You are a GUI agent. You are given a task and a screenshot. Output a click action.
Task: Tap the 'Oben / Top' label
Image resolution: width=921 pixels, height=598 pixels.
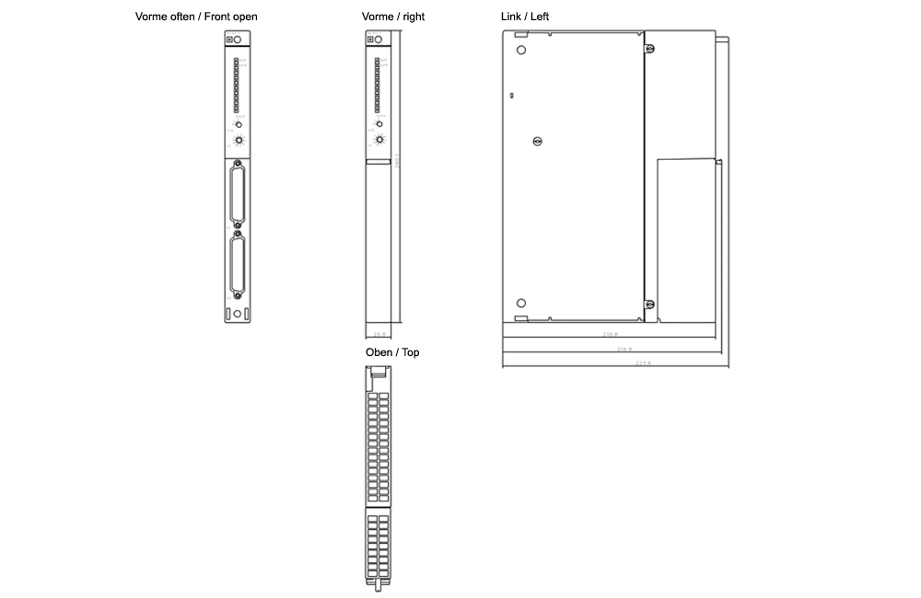pos(392,352)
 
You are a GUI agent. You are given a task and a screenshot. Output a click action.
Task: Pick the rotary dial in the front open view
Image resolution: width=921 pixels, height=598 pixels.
pos(239,140)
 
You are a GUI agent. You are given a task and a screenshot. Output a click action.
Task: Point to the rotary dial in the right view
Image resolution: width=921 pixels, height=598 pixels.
pos(379,140)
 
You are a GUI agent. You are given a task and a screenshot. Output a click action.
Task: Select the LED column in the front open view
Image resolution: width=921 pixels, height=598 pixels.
pos(236,84)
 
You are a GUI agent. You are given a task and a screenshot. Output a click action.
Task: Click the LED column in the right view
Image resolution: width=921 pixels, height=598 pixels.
pos(377,84)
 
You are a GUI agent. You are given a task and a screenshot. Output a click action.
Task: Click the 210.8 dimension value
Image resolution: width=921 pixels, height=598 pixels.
pos(610,336)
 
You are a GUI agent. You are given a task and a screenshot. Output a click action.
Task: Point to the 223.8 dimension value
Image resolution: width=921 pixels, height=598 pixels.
pos(643,364)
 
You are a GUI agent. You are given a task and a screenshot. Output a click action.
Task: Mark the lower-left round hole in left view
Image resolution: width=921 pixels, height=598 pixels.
pos(521,304)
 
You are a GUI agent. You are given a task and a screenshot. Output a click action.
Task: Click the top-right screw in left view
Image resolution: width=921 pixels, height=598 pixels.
pos(649,49)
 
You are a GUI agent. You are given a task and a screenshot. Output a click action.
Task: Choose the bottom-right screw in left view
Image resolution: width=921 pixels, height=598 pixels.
pos(649,305)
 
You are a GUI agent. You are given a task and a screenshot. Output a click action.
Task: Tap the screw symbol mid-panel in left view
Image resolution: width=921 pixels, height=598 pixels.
pos(539,141)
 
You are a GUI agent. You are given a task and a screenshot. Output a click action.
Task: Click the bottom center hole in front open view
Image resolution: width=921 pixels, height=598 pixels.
pos(239,314)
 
